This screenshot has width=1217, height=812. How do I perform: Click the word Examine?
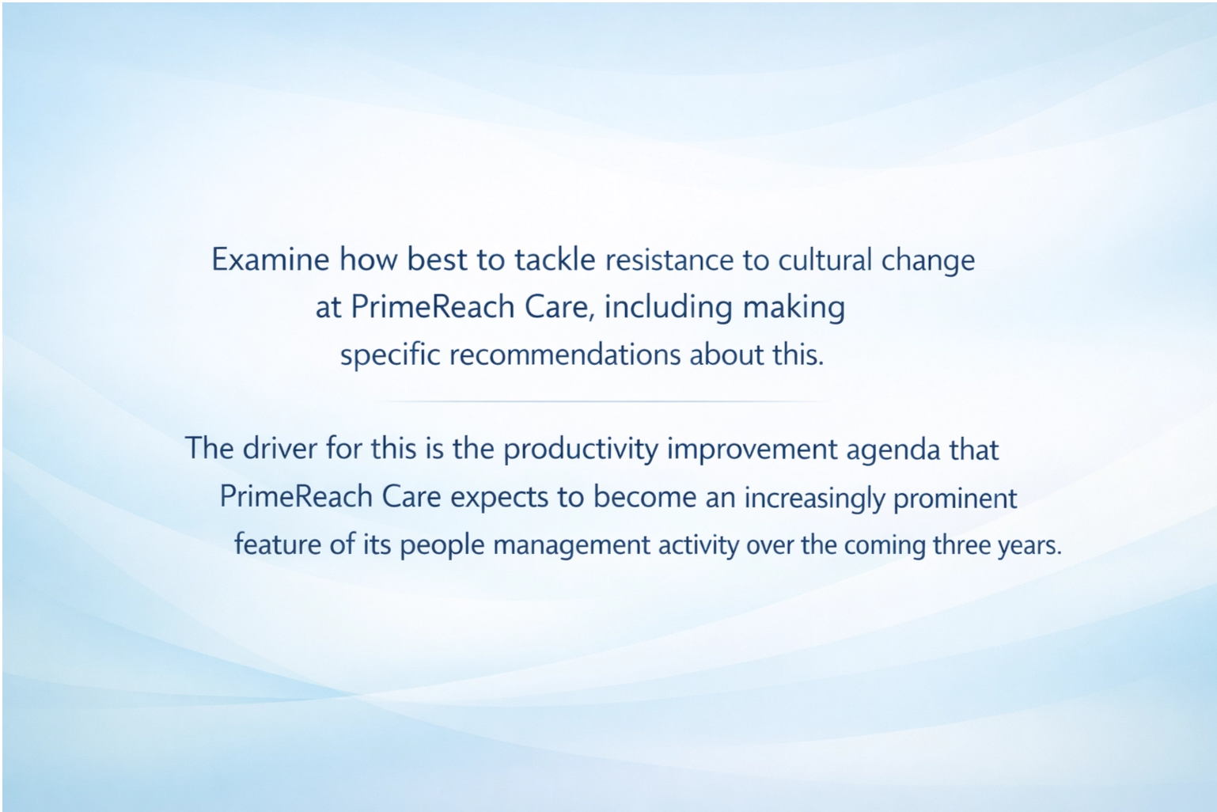coord(270,260)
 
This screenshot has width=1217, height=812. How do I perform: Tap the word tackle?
coord(555,260)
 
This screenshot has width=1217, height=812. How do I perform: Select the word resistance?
coord(669,260)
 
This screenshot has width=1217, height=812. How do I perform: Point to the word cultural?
coord(825,260)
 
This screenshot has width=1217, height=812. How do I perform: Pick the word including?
coord(668,307)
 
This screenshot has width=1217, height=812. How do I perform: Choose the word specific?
coord(390,355)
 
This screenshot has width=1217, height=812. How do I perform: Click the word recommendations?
coord(565,355)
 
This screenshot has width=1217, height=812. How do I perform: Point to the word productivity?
coord(581,450)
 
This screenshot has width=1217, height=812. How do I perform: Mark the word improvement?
coord(752,450)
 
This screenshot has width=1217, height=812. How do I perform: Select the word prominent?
coord(955,498)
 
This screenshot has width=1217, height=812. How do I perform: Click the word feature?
coord(277,544)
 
